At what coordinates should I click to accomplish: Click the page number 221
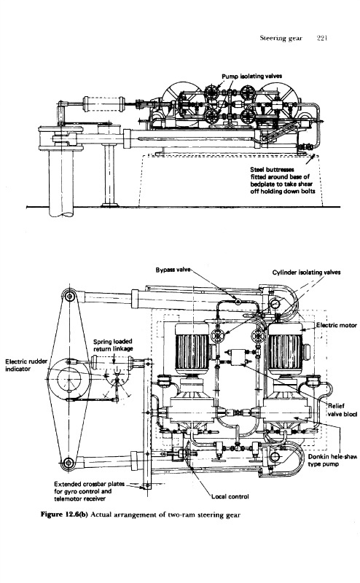pos(321,38)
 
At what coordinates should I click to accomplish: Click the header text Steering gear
pos(281,39)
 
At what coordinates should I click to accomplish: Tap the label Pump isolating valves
pos(251,77)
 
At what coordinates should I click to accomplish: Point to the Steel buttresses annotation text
pos(283,180)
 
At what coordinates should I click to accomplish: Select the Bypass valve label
pos(173,270)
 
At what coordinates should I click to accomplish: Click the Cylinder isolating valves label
pos(306,272)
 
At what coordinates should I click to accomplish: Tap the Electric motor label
pos(337,325)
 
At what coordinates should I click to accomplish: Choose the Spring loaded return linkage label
pos(113,345)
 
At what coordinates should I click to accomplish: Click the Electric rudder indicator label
pos(26,365)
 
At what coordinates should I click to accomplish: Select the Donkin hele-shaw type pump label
pos(332,461)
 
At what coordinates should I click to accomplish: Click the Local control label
pos(230,496)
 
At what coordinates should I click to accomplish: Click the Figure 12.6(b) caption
pos(141,515)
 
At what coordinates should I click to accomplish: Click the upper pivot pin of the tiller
pos(69,296)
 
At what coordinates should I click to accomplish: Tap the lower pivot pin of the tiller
pos(68,463)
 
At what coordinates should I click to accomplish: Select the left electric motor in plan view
pos(192,350)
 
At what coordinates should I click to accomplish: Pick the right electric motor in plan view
pos(286,350)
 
